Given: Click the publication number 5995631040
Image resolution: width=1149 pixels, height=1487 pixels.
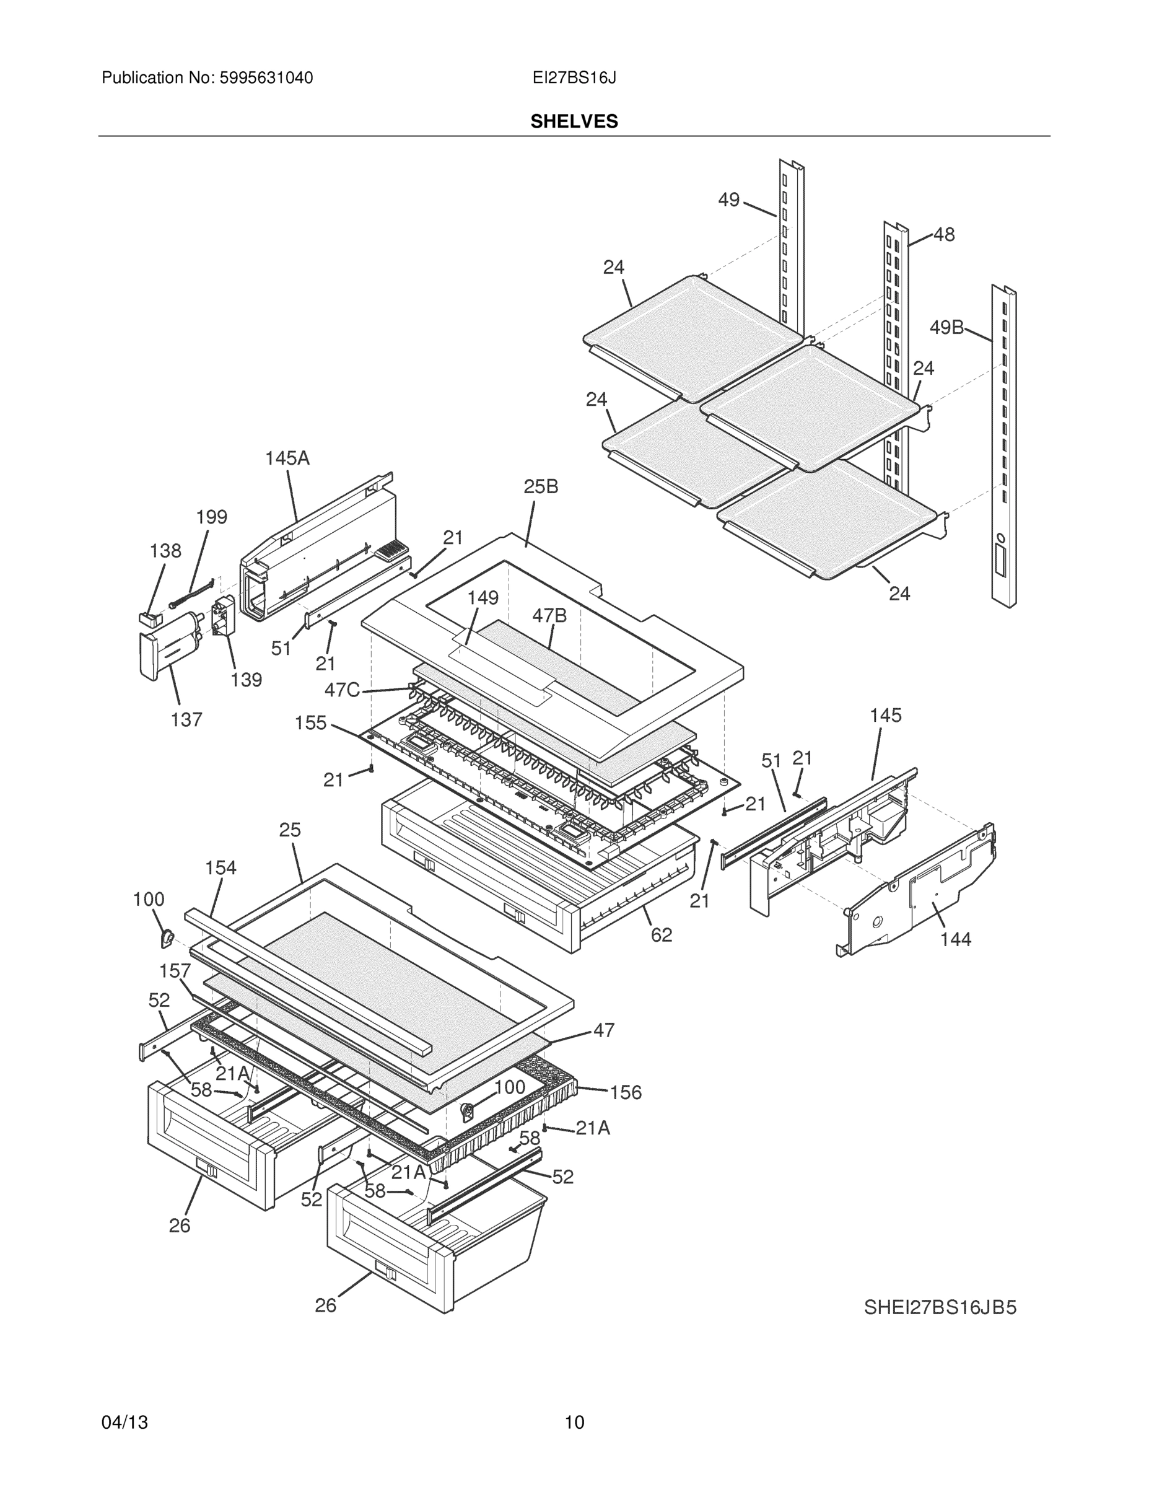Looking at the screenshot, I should coord(266,78).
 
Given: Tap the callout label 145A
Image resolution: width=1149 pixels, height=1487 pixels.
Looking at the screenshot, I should coord(287,458).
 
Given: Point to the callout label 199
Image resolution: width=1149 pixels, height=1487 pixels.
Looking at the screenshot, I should coord(211,517).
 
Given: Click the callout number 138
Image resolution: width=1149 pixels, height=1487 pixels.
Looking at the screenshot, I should coord(165,551).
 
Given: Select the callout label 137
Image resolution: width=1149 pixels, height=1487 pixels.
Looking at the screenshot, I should coord(186,719).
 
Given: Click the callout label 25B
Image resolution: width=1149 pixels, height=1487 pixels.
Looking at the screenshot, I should coord(541,486).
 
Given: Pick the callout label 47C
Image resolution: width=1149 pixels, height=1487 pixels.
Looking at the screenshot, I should coord(342,690).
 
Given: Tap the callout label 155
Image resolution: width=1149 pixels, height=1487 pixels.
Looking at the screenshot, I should coord(310,722).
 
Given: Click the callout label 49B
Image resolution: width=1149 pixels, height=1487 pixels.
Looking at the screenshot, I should coord(946,328).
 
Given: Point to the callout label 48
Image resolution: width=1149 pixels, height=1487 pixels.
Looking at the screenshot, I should coord(943,234).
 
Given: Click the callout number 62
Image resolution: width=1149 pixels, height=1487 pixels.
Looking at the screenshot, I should coord(661,935).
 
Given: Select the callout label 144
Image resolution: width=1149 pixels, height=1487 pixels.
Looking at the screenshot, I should coord(955,939).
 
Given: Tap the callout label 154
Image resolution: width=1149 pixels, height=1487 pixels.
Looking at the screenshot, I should coord(221,867).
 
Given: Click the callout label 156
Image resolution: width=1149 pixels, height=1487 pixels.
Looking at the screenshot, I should coord(626,1092).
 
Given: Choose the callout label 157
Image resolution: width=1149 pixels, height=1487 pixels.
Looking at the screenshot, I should coord(175,971).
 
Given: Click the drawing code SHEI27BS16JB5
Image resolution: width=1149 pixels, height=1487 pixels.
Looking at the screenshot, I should coord(940,1307).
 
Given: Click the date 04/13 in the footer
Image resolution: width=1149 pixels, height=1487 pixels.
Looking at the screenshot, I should coord(125,1423).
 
